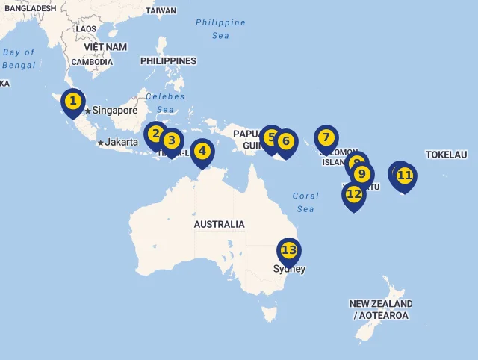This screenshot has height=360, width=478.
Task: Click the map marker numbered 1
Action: tap(72, 101)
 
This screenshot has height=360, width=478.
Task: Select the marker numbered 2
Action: tap(155, 134)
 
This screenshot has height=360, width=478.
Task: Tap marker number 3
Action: tap(171, 140)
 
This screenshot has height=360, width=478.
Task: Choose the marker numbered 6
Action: tap(285, 141)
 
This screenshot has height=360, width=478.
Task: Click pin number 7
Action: tap(326, 138)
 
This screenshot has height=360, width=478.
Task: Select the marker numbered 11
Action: tap(405, 176)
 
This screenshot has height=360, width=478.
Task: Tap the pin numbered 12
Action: tap(354, 194)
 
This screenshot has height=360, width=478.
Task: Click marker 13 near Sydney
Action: tap(289, 251)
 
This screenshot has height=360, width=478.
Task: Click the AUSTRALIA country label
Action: tap(219, 224)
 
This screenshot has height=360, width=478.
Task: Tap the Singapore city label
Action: tap(115, 111)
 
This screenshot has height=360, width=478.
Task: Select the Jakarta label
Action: tap(121, 142)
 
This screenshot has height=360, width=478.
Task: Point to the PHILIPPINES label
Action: tap(168, 61)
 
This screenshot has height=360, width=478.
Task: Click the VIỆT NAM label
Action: tap(105, 47)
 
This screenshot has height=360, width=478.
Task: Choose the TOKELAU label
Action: tap(446, 155)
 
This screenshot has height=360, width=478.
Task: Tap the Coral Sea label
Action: tap(305, 202)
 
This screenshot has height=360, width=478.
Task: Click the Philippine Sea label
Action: tap(220, 28)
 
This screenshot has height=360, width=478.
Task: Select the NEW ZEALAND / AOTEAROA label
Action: tap(380, 310)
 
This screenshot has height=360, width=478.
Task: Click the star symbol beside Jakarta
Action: tap(100, 143)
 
